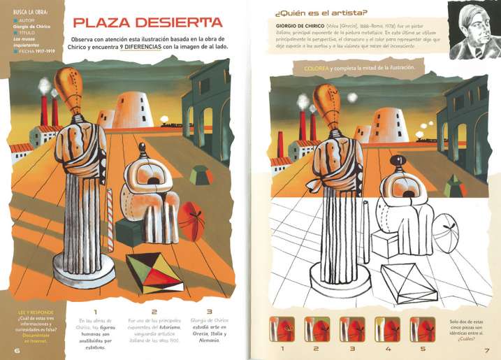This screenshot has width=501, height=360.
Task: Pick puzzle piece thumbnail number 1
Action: [x=282, y=327]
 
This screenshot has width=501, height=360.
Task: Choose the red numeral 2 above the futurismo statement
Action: [x=154, y=312]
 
